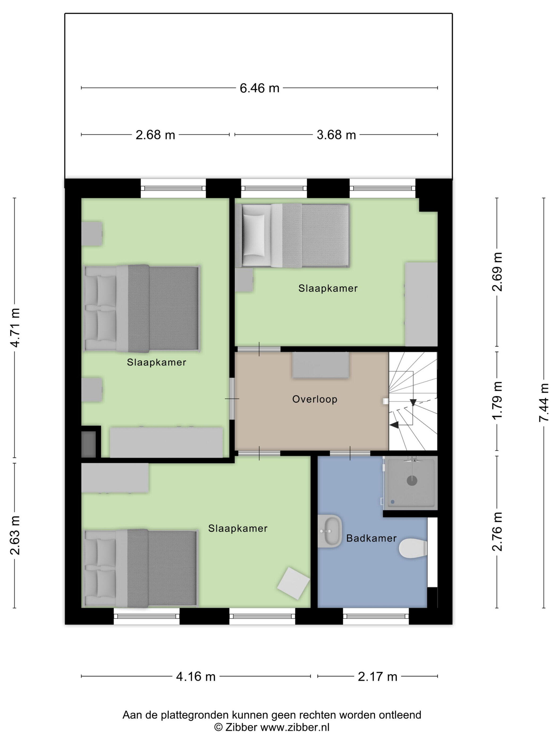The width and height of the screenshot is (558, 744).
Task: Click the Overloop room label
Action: coord(315,399)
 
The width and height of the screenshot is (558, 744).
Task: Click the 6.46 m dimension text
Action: coord(259,88)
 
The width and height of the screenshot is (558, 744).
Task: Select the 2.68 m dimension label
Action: coord(155,135)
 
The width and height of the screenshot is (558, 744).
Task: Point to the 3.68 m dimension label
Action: coord(336,135)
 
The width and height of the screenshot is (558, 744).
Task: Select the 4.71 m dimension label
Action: coord(15,327)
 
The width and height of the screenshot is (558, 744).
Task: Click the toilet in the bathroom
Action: coord(413,549)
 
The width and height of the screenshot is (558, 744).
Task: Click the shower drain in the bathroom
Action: coord(412,481)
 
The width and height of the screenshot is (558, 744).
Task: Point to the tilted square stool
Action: coord(293,583)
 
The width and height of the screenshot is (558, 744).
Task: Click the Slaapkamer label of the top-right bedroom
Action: coord(328,288)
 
